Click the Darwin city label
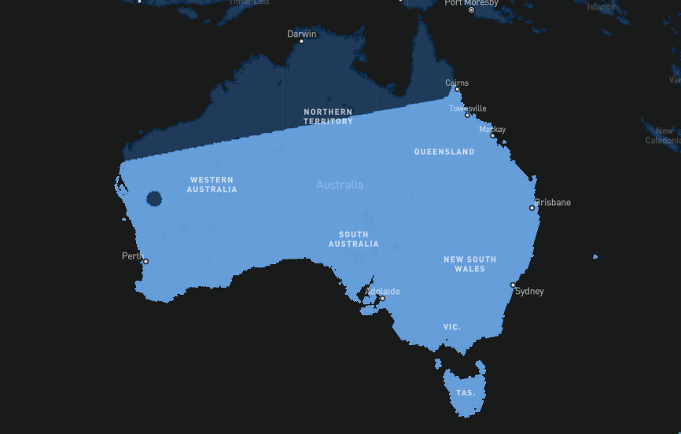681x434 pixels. [301, 34]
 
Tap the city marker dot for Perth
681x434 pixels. [145, 262]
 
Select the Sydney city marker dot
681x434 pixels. [513, 285]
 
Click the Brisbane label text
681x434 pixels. [554, 203]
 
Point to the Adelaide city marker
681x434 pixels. [382, 299]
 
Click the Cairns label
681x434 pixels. [457, 83]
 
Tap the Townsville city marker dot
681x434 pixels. [467, 115]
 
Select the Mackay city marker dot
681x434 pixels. [493, 136]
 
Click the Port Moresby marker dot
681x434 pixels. [472, 10]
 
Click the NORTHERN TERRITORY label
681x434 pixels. [329, 116]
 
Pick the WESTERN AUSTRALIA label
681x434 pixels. [213, 185]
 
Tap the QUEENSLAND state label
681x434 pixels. [444, 152]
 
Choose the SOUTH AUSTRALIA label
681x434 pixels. [354, 239]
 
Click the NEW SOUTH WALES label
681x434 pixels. [469, 264]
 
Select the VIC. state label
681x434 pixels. [452, 326]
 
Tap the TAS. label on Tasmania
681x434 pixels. [466, 392]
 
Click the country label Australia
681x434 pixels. [340, 185]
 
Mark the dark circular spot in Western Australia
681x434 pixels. [154, 198]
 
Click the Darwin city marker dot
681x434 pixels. [301, 41]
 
